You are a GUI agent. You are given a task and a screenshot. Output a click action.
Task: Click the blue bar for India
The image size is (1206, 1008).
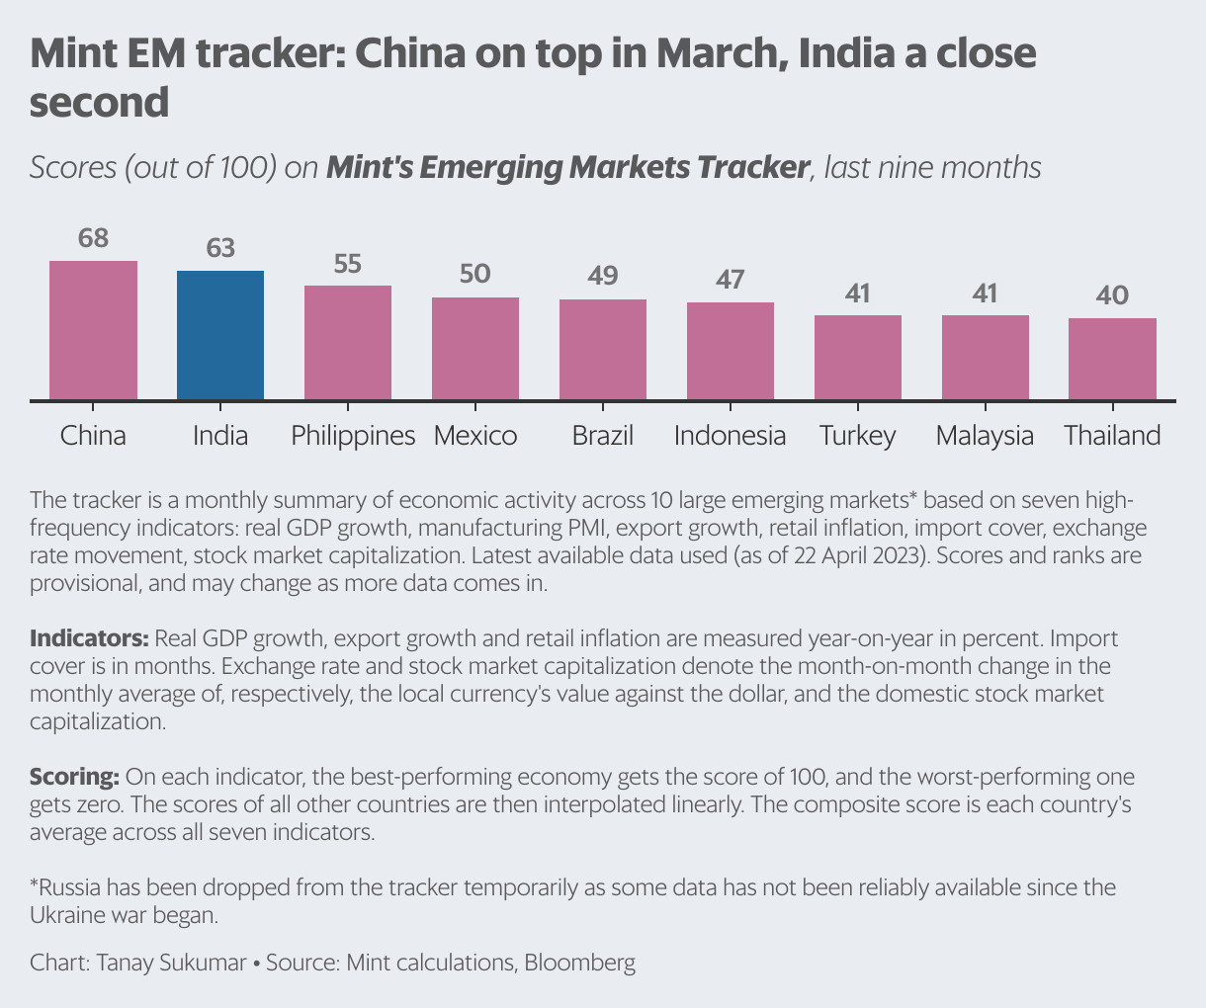[220, 335]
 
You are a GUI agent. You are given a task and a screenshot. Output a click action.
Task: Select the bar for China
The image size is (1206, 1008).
[93, 330]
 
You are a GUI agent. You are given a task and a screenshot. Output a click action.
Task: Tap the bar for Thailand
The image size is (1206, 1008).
[1112, 359]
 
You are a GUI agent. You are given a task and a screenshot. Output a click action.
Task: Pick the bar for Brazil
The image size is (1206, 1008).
[603, 350]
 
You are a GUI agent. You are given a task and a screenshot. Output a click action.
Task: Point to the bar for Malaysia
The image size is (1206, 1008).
[985, 358]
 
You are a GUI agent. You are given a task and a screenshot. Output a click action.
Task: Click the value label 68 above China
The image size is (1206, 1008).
[93, 239]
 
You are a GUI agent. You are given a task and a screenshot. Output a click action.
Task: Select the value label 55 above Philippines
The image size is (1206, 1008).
[348, 264]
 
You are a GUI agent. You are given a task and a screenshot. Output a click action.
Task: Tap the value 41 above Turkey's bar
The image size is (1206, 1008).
[857, 294]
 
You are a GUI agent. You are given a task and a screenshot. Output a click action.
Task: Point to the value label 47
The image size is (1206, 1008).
[730, 280]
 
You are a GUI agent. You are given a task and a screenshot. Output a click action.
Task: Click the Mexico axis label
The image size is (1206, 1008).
[475, 436]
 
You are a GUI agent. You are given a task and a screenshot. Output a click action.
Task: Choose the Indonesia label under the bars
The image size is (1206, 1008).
[730, 436]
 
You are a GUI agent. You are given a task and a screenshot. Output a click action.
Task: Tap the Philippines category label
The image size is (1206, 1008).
[353, 436]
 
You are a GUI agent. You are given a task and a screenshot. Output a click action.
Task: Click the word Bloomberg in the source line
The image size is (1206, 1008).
[579, 963]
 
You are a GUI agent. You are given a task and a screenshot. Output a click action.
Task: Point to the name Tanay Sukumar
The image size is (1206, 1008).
[171, 963]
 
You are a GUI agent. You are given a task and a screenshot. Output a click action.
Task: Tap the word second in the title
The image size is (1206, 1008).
[99, 103]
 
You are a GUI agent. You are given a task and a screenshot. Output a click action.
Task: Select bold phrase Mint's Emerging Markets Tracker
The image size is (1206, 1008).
[567, 167]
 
